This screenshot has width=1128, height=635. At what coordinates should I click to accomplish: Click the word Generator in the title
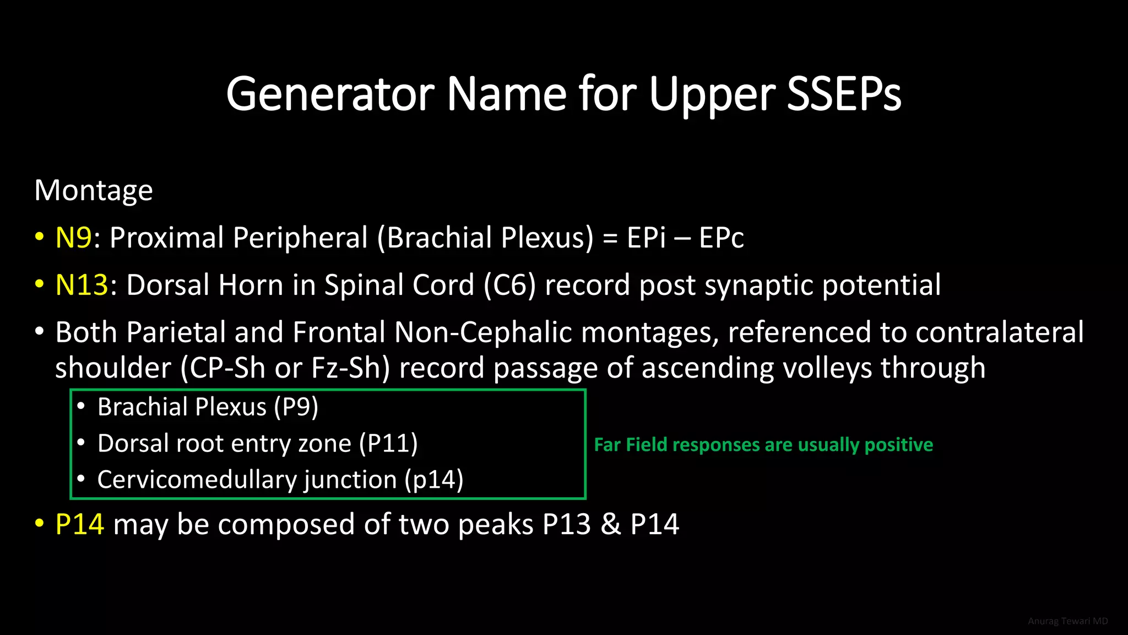pos(330,94)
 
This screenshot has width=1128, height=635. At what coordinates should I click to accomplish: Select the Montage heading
pos(94,191)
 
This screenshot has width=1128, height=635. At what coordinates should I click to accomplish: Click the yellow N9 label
pos(73,238)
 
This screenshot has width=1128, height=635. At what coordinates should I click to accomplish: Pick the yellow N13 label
pos(82,286)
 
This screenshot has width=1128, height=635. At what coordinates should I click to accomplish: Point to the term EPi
pos(646,238)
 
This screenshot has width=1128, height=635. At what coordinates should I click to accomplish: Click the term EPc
pos(721,238)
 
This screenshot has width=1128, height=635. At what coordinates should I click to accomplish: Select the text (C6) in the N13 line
pos(509,286)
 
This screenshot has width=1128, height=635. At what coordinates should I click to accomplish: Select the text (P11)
pos(388,444)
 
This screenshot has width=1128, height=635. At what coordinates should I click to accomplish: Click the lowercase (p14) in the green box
pos(434,480)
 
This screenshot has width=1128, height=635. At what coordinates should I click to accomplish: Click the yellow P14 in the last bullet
pos(80,524)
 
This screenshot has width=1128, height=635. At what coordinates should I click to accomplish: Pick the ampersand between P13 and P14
pos(610,524)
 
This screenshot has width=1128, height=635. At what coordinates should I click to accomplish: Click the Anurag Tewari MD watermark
pos(1067,621)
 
